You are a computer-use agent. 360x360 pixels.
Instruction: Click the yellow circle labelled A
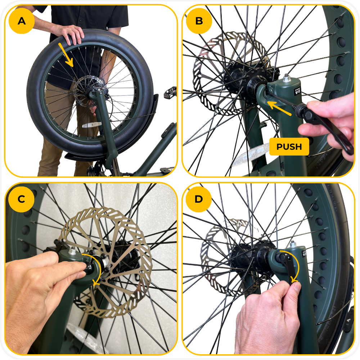click(x=22, y=21)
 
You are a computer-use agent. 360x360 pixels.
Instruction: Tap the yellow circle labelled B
click(x=199, y=21)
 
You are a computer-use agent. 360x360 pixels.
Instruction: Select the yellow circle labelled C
click(x=21, y=199)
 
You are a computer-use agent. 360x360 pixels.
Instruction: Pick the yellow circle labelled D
click(x=199, y=199)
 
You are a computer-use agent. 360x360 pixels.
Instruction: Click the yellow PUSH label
click(x=289, y=147)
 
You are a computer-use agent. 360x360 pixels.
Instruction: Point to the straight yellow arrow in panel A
click(x=66, y=55)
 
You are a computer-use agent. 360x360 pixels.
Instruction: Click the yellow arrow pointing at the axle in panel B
click(x=279, y=108)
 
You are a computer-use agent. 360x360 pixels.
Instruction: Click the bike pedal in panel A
click(x=170, y=92)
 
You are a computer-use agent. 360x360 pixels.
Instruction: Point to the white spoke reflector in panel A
click(x=92, y=125)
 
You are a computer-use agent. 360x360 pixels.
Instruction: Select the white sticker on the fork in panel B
click(x=298, y=91)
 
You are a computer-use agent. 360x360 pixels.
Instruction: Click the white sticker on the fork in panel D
click(x=305, y=254)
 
